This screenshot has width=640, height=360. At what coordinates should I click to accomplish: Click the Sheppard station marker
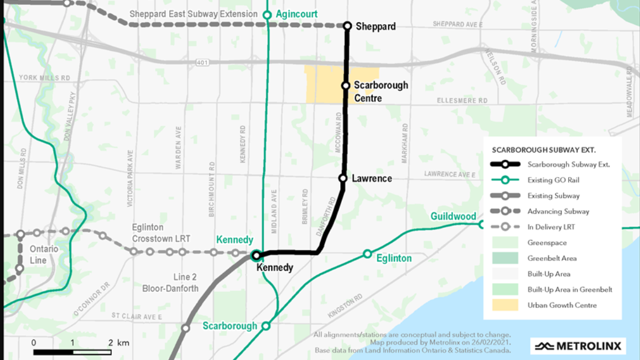tap(347, 26)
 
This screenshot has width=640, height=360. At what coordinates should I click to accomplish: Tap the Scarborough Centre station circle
tap(346, 86)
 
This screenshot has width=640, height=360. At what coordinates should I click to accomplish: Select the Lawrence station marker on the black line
tap(343, 178)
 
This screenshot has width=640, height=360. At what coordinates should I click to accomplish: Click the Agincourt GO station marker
tap(267, 15)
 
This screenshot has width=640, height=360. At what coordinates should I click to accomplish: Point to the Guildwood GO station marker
tap(482, 224)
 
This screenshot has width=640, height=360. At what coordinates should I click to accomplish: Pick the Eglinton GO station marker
tap(367, 254)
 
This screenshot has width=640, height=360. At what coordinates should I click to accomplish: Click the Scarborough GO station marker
tap(266, 326)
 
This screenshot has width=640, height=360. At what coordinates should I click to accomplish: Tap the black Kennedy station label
tap(275, 268)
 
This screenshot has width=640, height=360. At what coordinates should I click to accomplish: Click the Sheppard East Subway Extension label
tap(193, 14)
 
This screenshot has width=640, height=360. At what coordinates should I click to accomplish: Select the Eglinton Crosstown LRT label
tap(161, 233)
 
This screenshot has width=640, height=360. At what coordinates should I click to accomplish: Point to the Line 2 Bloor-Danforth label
tap(170, 283)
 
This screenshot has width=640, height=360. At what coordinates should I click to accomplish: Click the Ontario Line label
tap(44, 254)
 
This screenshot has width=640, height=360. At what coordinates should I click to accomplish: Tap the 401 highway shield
tap(202, 62)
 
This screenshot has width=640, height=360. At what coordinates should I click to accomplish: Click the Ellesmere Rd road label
tap(462, 101)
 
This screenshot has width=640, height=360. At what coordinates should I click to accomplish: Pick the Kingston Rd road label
tap(345, 306)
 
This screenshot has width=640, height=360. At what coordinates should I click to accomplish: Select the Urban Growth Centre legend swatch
tap(505, 305)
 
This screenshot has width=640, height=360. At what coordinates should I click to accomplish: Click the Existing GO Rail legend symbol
tap(505, 180)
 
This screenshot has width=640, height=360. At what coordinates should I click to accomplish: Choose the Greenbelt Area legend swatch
tap(505, 258)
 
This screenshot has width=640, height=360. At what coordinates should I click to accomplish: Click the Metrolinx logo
tap(578, 346)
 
